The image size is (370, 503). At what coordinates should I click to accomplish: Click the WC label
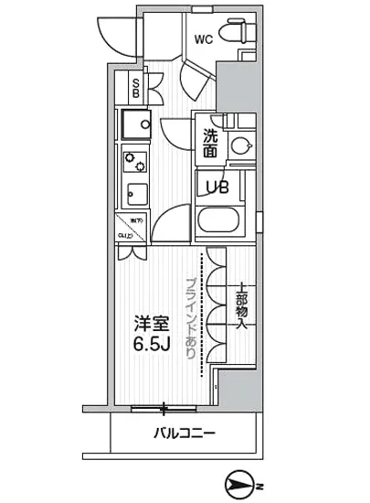[x=203, y=39]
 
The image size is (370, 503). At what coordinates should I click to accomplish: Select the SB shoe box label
[x=135, y=89]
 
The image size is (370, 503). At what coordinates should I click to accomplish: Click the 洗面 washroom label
[x=209, y=144]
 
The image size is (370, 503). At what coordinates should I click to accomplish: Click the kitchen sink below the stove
[x=135, y=195]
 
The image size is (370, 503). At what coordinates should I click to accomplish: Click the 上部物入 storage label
[x=243, y=305]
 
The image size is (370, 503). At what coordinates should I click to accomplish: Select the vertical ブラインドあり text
[x=191, y=316]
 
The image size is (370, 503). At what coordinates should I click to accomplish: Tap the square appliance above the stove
[x=135, y=123]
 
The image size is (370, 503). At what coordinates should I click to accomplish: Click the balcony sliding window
[x=164, y=406]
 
